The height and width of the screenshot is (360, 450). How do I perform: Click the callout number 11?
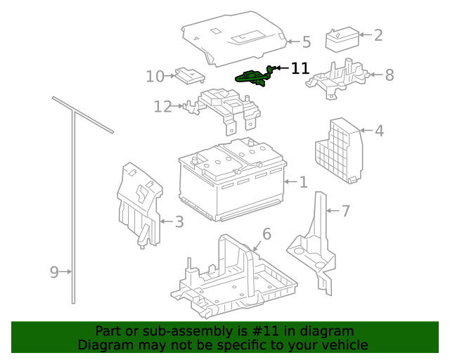point(300,68)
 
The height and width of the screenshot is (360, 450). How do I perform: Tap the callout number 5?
point(306,42)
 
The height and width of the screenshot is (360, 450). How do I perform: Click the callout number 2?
point(378,35)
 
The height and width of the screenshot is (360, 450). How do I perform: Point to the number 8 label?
point(389,75)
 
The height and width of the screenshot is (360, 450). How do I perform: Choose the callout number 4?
point(379,131)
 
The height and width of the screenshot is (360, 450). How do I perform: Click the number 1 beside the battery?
point(303,183)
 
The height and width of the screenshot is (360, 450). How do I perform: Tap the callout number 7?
point(345,211)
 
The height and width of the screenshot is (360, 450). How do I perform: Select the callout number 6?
point(266,233)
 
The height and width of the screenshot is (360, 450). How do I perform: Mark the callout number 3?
point(179,223)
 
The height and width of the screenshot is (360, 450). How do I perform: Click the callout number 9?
point(54,272)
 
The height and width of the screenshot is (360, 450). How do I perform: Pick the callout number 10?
point(155,76)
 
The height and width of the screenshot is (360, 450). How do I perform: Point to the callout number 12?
point(162,107)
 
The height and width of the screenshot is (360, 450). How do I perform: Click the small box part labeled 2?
point(341,39)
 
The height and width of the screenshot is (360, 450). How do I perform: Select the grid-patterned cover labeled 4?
point(338,150)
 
